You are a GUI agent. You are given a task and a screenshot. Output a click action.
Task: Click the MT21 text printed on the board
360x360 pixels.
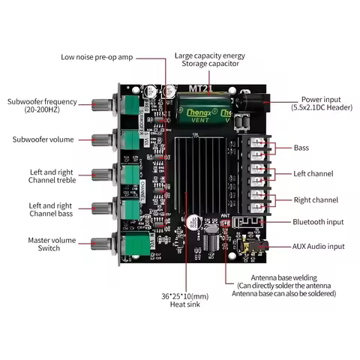click(199, 88)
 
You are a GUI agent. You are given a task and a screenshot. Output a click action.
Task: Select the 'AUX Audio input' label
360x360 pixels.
click(319, 246)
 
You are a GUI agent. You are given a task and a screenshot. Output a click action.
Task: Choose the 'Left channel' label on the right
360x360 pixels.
click(314, 174)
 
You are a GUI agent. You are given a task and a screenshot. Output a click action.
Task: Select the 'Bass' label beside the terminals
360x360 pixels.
click(301, 148)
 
